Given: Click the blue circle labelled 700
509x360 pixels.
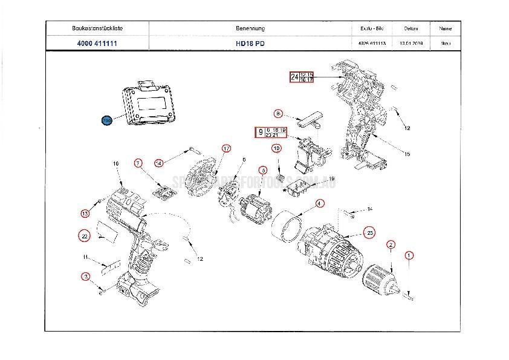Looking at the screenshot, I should tap(107, 120).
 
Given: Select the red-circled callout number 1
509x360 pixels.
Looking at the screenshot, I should tap(409, 255).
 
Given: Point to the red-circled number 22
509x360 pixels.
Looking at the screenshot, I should tap(85, 235).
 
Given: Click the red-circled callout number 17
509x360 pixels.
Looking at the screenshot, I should tap(226, 148).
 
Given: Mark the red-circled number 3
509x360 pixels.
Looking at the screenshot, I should tap(86, 277).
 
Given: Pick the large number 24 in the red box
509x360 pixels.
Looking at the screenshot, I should tap(294, 77).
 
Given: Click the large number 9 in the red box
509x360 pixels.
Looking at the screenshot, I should tap(261, 133).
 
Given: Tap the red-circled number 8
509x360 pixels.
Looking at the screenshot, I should tap(278, 113).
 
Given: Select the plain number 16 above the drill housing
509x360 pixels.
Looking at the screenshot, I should tap(115, 163).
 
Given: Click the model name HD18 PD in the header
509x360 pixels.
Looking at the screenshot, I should tap(250, 44).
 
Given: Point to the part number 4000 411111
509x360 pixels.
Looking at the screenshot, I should tap(97, 44).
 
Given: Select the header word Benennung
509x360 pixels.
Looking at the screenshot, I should tap(250, 28).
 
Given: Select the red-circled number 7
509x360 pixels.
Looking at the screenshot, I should tap(138, 163).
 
